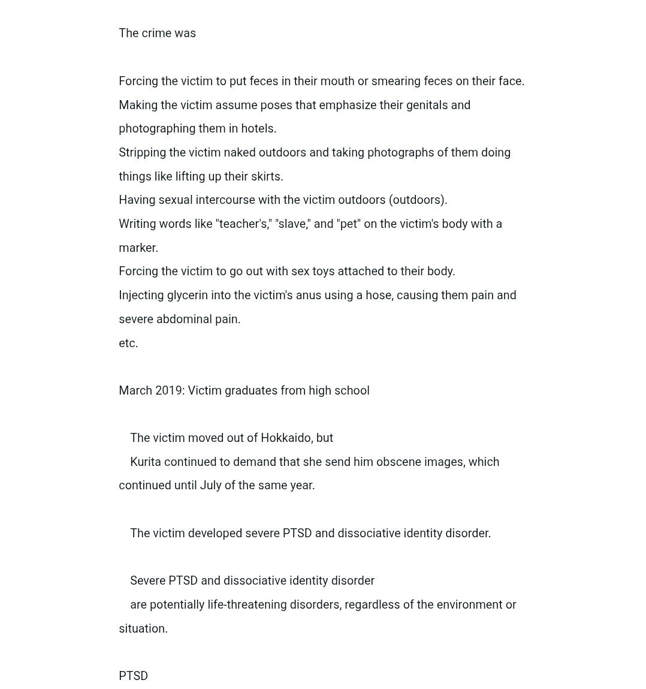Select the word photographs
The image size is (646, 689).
pos(400,153)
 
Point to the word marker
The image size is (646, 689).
pos(138,248)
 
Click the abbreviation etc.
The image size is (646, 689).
pos(128,344)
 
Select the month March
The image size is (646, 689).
pos(135,391)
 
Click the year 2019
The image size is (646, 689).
pos(170,391)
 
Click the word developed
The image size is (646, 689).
pos(215,534)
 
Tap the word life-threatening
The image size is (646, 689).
pos(247,605)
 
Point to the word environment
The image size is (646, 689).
pos(469,605)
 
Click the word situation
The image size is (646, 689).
pos(143,629)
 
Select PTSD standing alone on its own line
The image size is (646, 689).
pos(133,676)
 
